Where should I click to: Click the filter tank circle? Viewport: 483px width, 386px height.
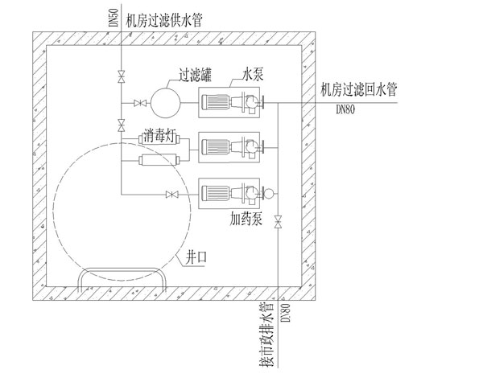(x=168, y=103)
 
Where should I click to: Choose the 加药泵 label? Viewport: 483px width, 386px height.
(x=246, y=217)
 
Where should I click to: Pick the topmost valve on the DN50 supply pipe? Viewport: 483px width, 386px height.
(x=121, y=77)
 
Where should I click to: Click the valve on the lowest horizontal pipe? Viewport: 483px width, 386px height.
(x=170, y=195)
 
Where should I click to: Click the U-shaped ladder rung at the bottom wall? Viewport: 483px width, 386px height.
(x=121, y=277)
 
